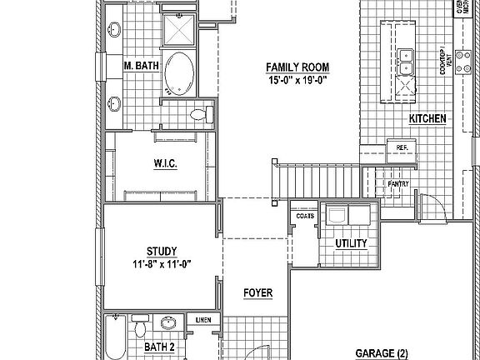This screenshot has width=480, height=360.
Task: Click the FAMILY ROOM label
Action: (297, 67)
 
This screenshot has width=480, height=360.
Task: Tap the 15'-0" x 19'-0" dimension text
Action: (297, 81)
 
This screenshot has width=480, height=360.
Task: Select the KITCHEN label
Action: (427, 119)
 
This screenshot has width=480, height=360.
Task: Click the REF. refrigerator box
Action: (402, 147)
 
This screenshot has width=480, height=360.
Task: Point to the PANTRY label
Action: (398, 183)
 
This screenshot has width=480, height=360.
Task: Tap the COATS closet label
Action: (303, 216)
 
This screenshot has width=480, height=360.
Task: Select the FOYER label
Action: (258, 292)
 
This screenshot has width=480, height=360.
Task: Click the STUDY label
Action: (162, 251)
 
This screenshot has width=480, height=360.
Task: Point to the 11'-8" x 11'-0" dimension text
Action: (162, 264)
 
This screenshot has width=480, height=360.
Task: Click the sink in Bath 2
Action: (168, 323)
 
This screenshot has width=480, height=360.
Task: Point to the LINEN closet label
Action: (202, 319)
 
